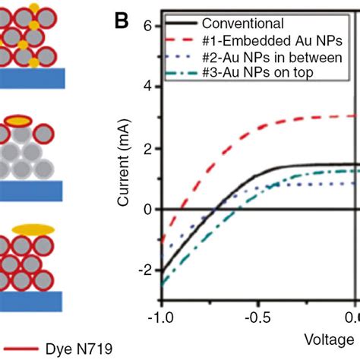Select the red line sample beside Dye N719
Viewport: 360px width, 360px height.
(23, 349)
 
